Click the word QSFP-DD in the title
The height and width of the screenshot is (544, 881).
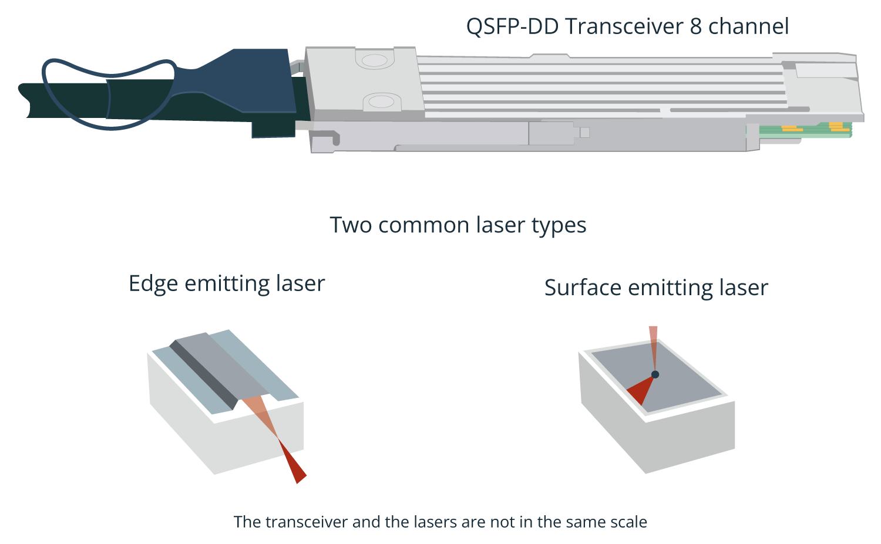point(513,27)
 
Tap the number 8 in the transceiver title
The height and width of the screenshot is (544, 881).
point(696,26)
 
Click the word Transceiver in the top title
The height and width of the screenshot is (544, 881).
point(624,26)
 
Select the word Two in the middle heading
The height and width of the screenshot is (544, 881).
point(351,225)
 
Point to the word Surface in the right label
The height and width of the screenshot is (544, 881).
point(583,288)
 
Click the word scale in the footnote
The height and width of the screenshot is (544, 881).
point(628,522)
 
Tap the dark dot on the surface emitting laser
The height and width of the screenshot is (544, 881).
point(655,374)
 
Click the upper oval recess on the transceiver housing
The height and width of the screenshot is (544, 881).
point(375,60)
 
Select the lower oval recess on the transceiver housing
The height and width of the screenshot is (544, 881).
point(381,102)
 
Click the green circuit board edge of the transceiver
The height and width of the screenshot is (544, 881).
point(805,130)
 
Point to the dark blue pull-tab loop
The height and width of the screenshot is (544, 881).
point(108,94)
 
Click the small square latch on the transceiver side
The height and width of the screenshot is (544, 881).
point(585,133)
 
